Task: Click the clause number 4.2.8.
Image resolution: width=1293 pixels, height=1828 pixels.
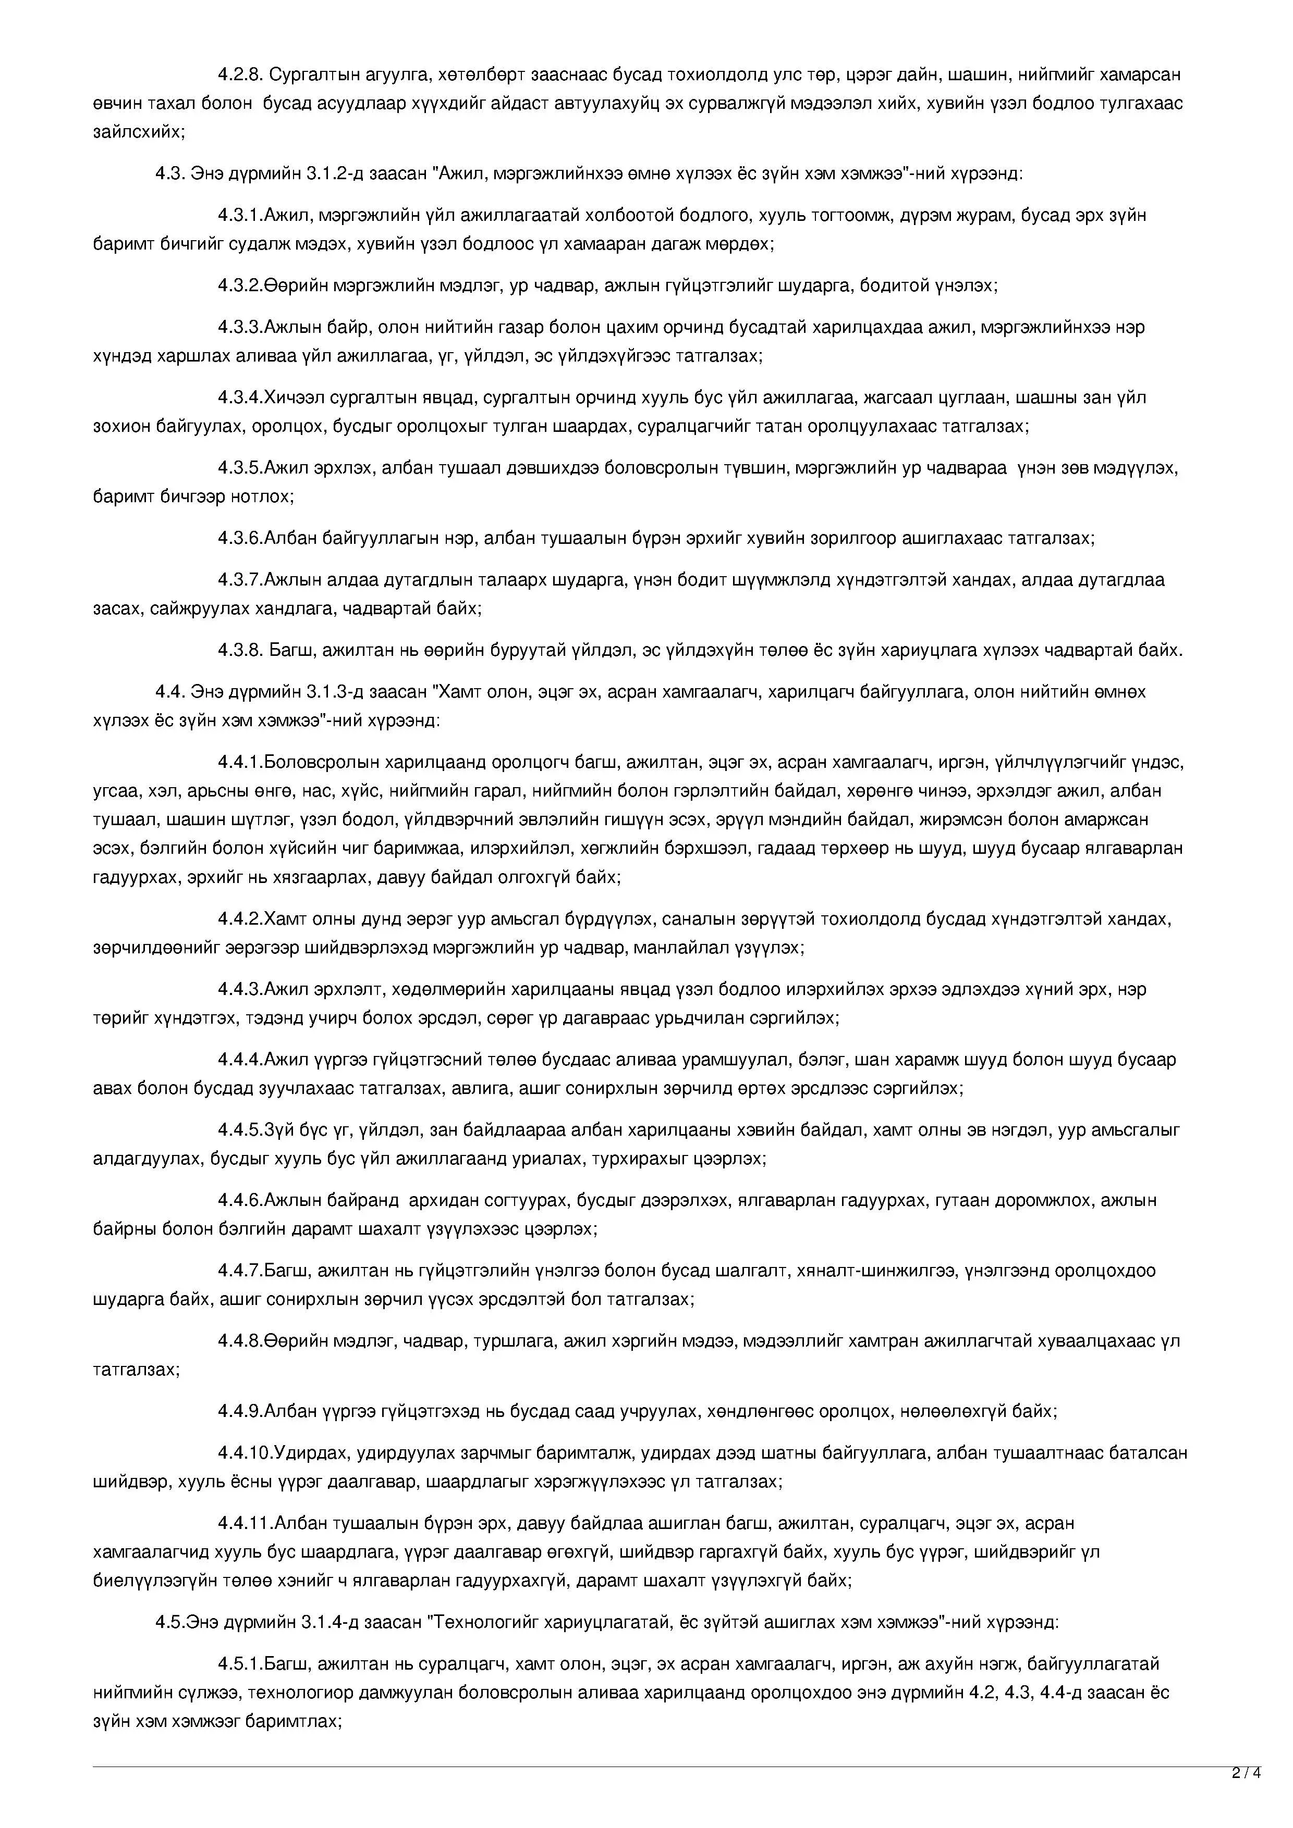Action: [240, 75]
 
